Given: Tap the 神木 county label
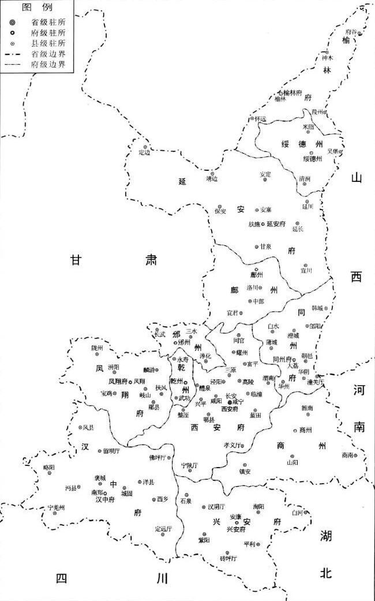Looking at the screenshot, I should click(328, 58).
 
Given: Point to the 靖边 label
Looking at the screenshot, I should click(212, 179).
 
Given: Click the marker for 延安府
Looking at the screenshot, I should click(263, 224).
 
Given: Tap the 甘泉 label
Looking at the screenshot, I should click(265, 247).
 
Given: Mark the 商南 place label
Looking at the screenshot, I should click(347, 455).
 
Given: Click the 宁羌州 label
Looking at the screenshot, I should click(57, 507).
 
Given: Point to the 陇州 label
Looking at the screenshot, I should click(97, 348).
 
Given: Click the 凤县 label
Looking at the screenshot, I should click(88, 428).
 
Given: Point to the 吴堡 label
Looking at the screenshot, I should click(333, 151).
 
